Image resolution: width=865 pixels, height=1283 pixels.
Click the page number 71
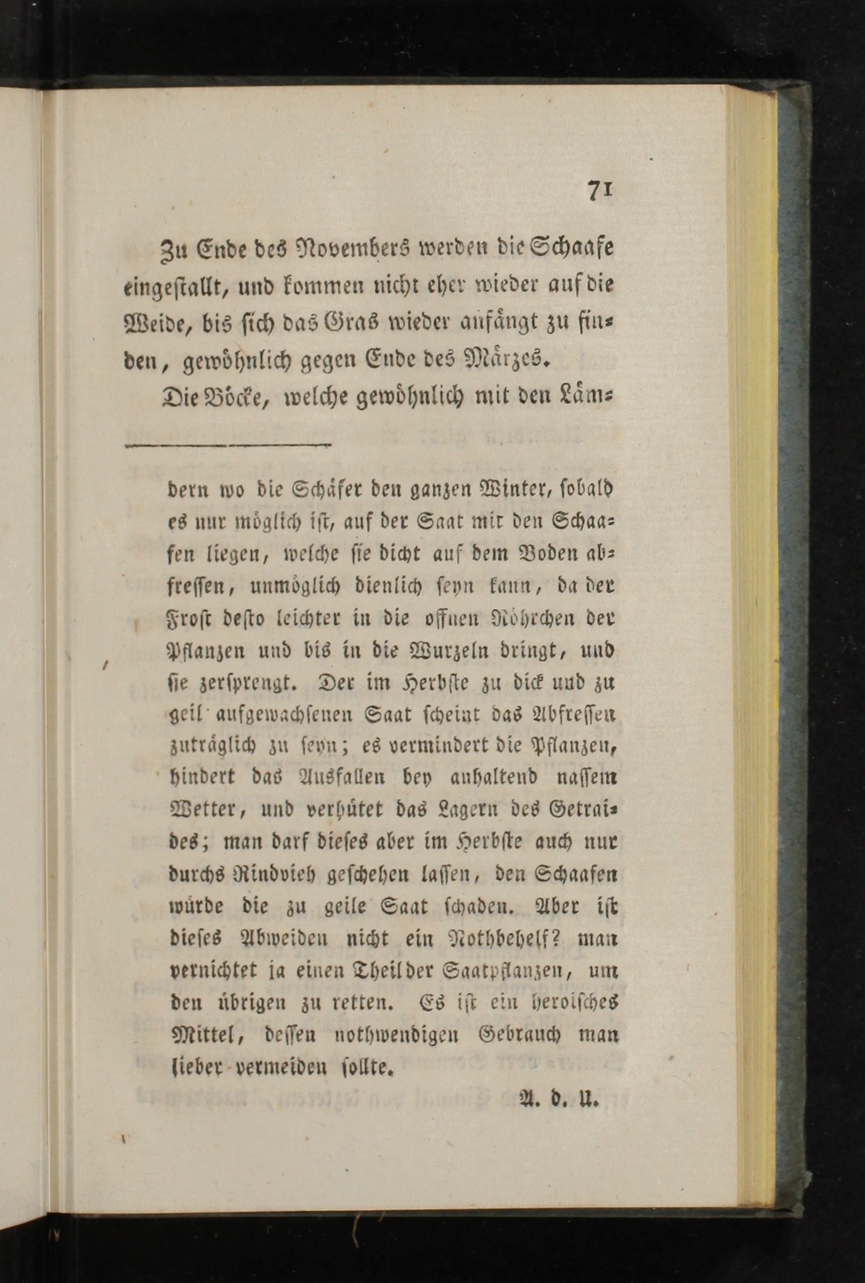[599, 190]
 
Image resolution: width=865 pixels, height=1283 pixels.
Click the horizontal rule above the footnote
[228, 444]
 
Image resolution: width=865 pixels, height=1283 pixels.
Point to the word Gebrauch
[521, 1034]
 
